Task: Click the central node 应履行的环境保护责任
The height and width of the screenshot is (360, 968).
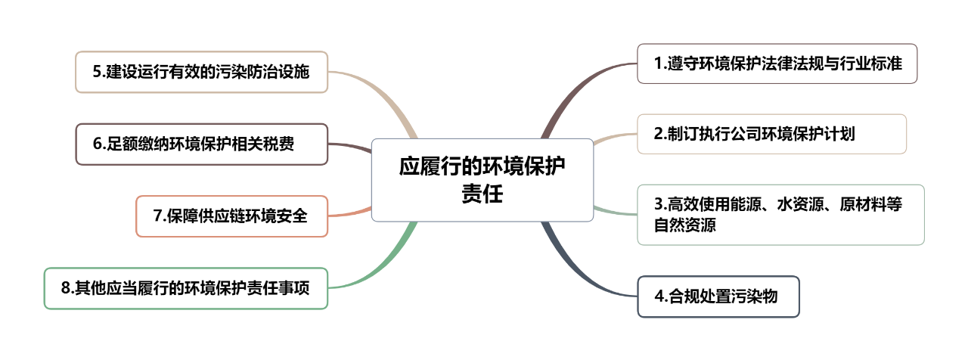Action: tap(482, 180)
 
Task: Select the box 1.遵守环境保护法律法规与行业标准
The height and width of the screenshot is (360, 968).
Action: tap(777, 64)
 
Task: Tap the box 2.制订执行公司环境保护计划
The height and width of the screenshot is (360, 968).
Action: tap(772, 134)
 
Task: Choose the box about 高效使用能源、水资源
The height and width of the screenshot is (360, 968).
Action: tap(780, 215)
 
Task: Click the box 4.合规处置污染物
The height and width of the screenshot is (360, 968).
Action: tap(718, 296)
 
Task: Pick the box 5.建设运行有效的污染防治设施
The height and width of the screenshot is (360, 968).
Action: tap(201, 72)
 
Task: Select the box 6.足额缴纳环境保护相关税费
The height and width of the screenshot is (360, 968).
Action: tap(201, 144)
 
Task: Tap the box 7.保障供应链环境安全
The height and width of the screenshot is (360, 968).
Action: tap(231, 216)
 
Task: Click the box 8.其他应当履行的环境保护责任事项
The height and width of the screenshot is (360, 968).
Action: tap(186, 288)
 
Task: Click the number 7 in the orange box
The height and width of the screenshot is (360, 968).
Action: tap(157, 216)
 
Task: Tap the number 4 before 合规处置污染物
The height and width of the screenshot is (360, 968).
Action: tap(659, 296)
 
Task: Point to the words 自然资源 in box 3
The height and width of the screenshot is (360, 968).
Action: tap(685, 225)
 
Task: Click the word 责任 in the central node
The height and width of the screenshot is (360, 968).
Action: tap(482, 194)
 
